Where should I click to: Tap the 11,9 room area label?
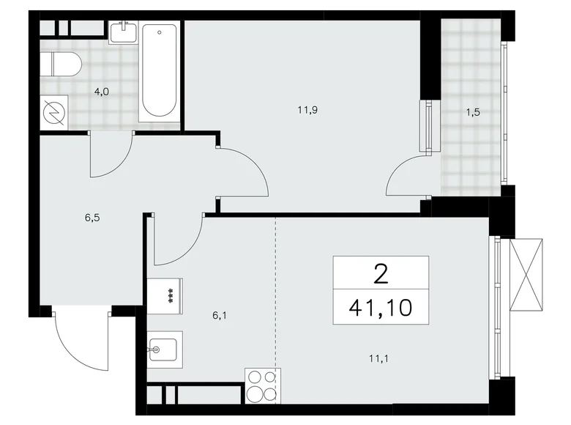(x=306, y=111)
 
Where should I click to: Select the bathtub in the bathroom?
(x=159, y=71)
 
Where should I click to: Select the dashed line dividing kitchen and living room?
(x=276, y=293)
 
